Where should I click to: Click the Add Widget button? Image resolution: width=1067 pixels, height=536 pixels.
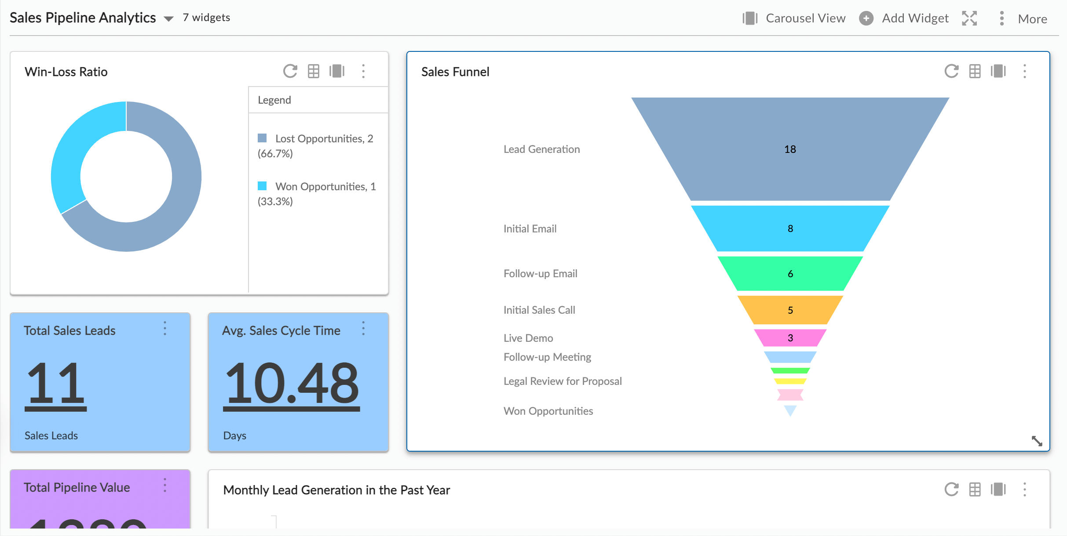(904, 18)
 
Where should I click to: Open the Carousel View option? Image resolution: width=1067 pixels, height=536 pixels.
(794, 18)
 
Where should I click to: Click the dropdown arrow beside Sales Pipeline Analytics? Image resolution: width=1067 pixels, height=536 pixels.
(168, 19)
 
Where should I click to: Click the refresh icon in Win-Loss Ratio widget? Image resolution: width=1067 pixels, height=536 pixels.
(290, 71)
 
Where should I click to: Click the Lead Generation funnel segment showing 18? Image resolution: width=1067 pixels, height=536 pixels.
(790, 149)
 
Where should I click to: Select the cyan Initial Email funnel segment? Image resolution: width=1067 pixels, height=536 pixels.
(790, 228)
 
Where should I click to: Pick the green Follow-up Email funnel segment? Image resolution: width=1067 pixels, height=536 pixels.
(790, 273)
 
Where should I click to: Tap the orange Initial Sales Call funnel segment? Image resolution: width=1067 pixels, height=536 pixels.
(790, 310)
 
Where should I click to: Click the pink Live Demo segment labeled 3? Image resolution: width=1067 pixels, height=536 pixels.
(790, 338)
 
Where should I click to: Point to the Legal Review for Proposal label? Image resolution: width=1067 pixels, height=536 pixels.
(563, 381)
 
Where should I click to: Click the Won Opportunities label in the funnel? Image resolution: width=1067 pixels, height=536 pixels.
(548, 411)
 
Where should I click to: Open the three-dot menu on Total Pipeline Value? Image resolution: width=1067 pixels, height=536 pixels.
(165, 485)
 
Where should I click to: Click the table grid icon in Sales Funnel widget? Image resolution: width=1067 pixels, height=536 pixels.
(975, 71)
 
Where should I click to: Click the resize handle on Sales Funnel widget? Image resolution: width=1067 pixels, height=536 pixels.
(1037, 441)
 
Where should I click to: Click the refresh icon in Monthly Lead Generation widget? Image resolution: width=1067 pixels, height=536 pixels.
(951, 489)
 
